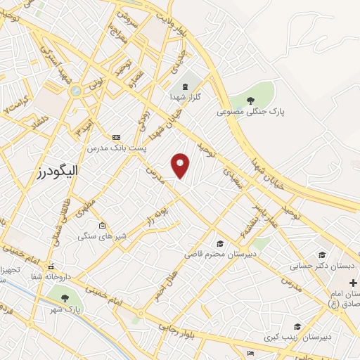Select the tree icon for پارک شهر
pyautogui.click(x=65, y=298)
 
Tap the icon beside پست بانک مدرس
pyautogui.click(x=116, y=137)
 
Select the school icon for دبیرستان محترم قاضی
pyautogui.click(x=220, y=243)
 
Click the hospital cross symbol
pyautogui.click(x=352, y=282)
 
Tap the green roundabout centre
pyautogui.click(x=75, y=91)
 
